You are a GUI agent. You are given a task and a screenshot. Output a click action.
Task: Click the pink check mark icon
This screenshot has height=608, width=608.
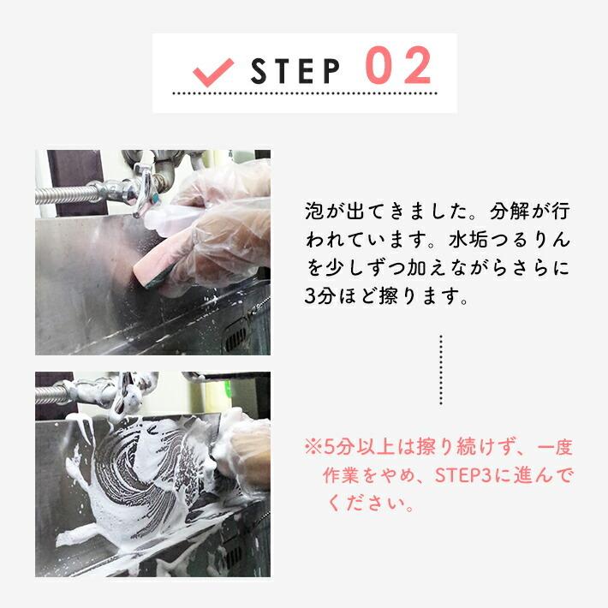213,73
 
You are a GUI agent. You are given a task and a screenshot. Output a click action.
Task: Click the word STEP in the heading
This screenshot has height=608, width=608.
295,71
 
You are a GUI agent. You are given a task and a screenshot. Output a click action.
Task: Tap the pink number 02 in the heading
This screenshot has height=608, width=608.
398,65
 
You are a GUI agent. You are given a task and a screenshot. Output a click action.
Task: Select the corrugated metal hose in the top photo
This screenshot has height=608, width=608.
66,194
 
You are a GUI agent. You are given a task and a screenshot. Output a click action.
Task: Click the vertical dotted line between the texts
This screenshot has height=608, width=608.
441,370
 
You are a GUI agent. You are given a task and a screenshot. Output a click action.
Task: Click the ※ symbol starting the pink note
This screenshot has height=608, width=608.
313,447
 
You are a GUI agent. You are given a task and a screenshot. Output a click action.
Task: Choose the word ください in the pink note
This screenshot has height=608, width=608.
367,504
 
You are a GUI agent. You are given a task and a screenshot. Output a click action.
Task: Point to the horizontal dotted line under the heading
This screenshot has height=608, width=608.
305,93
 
